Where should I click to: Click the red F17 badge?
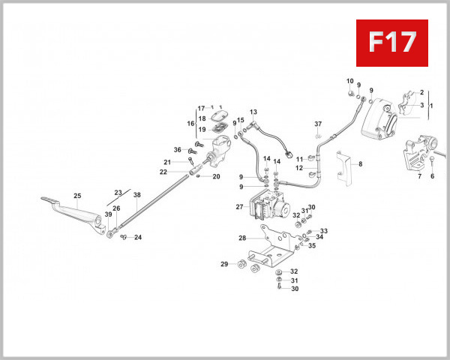click(x=391, y=42)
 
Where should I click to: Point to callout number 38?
click(x=137, y=195)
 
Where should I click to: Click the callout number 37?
click(x=318, y=124)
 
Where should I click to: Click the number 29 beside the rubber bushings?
click(x=223, y=264)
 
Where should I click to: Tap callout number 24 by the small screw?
click(x=138, y=238)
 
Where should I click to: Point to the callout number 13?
click(x=253, y=112)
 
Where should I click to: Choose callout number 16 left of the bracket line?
click(x=190, y=124)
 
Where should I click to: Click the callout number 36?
click(x=178, y=149)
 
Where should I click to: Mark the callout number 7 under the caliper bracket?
click(x=419, y=177)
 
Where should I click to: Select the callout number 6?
click(x=433, y=177)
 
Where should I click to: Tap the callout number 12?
click(x=298, y=168)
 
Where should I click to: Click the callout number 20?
click(x=216, y=177)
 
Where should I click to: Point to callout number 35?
click(x=312, y=245)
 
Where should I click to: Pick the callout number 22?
click(x=163, y=172)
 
